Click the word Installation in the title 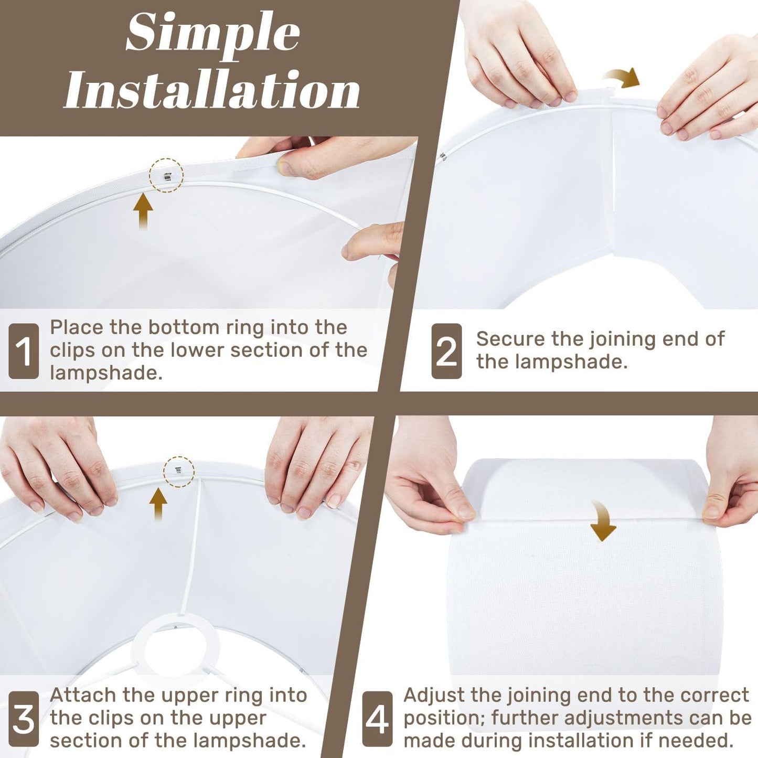pos(212,90)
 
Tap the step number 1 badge pos(24,351)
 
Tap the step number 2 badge pos(446,351)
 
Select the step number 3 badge pos(24,720)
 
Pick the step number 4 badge pos(377,720)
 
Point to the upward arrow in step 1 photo pos(143,212)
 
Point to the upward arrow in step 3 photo pos(158,505)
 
